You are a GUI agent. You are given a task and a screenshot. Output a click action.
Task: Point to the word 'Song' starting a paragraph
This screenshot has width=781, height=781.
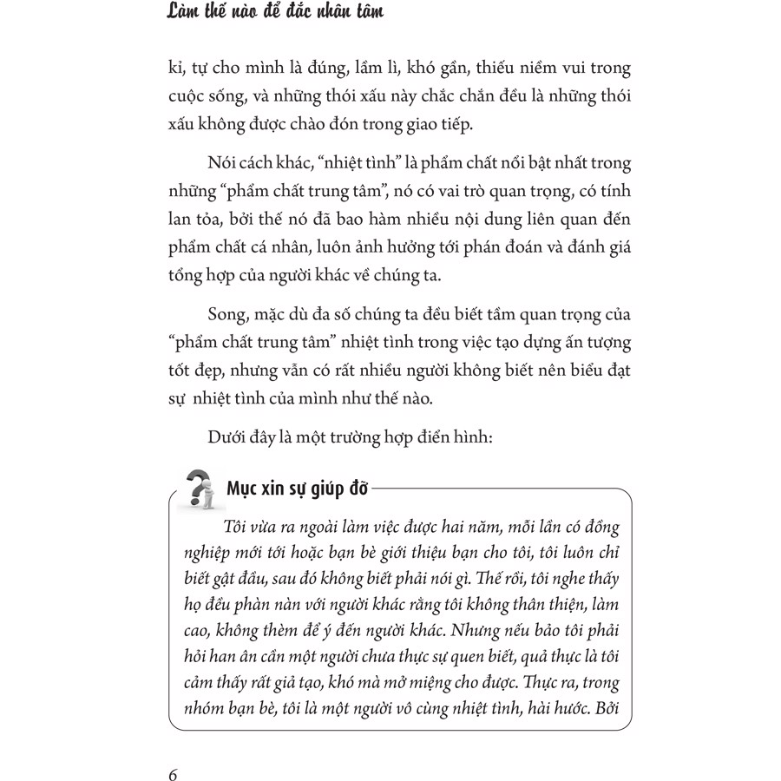(227, 313)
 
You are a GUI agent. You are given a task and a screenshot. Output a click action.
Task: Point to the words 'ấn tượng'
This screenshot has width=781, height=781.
(582, 339)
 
